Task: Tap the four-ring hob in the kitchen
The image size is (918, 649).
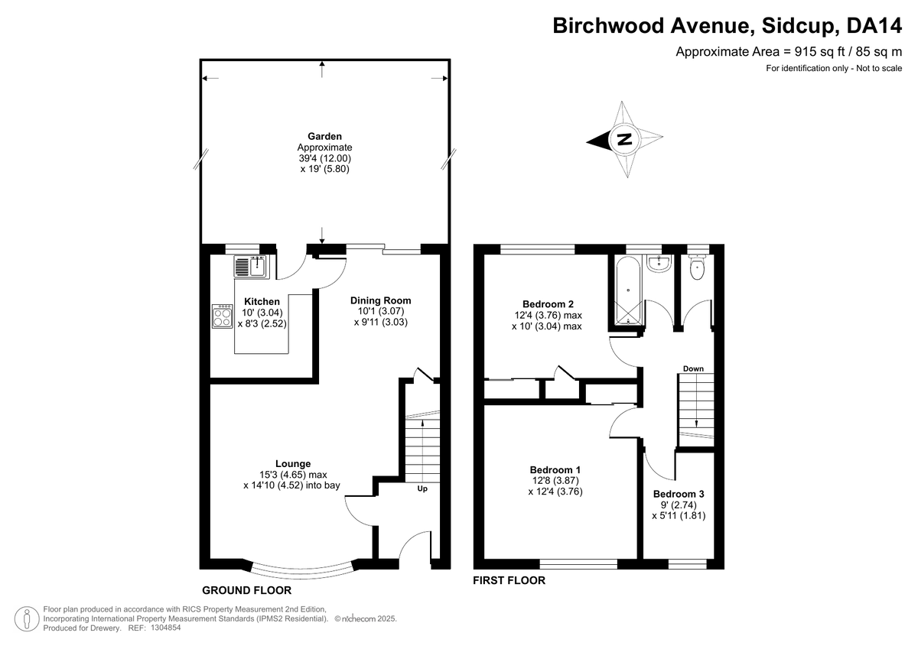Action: click(x=222, y=316)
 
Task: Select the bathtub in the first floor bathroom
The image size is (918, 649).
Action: click(x=628, y=290)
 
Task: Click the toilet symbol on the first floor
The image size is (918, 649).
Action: click(x=696, y=268)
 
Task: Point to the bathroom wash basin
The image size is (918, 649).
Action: click(x=659, y=263)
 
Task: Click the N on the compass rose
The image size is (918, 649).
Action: click(x=624, y=139)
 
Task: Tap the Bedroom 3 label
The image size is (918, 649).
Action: click(x=679, y=494)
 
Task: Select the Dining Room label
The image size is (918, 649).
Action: click(x=380, y=300)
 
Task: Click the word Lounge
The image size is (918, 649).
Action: click(x=293, y=463)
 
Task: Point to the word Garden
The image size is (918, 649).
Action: click(x=324, y=136)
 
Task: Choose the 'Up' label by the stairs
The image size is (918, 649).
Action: click(x=422, y=488)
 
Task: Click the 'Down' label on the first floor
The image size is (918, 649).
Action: click(x=693, y=368)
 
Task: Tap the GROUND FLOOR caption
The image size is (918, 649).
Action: click(x=246, y=590)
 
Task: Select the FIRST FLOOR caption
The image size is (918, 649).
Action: click(x=509, y=580)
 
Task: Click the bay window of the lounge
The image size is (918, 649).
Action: click(x=301, y=571)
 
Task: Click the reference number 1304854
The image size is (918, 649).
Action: click(x=165, y=628)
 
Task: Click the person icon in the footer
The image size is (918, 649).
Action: click(x=27, y=618)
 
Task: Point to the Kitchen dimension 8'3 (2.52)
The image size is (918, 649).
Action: click(x=262, y=323)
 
